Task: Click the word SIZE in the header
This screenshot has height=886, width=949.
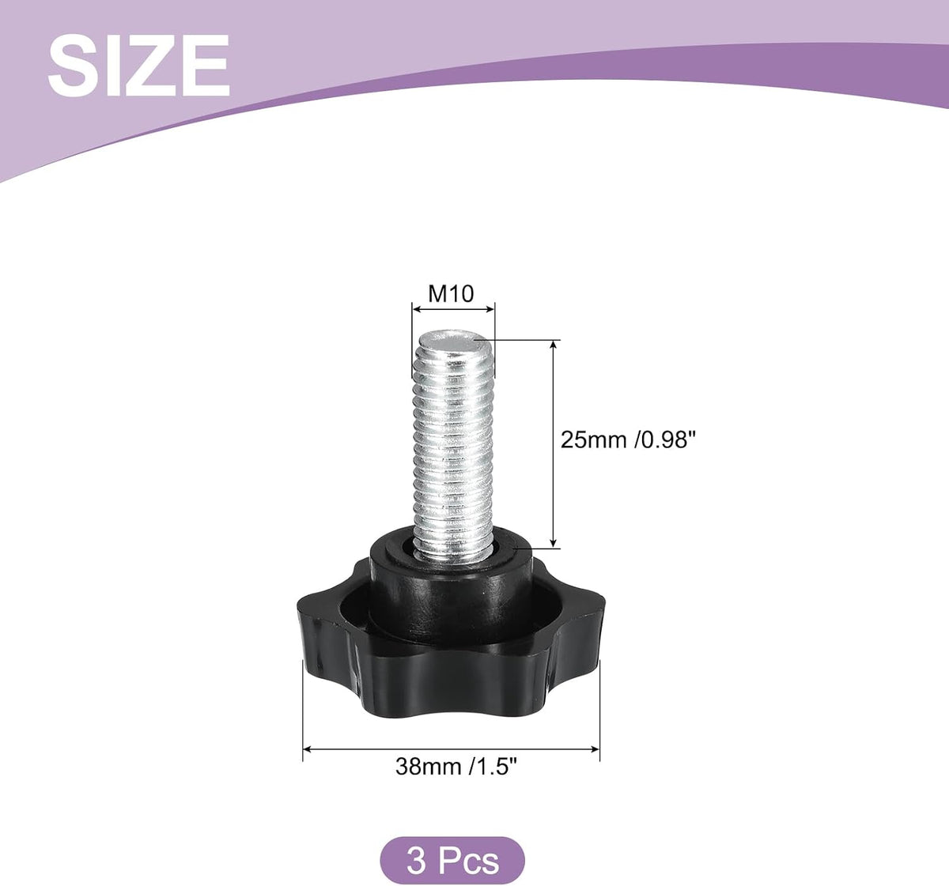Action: [138, 66]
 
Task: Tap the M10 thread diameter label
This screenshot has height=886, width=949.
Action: [451, 293]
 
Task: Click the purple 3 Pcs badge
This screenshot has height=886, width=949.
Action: [452, 861]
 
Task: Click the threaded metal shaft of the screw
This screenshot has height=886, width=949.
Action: [453, 447]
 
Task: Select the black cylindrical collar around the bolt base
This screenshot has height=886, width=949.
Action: [451, 587]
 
